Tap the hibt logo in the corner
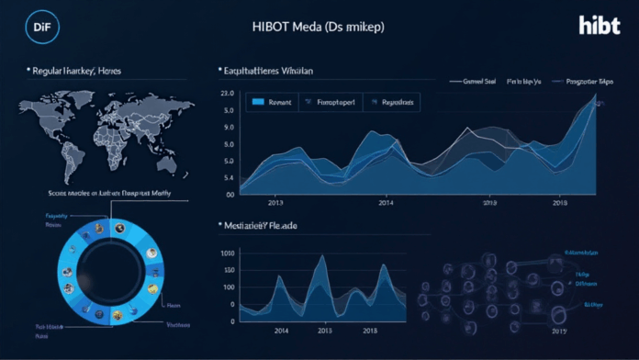[x=600, y=26]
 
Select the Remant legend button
[x=276, y=103]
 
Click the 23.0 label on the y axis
[x=228, y=94]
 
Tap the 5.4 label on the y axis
[x=228, y=177]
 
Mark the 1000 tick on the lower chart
[x=225, y=253]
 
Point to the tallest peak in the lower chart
[x=320, y=256]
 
